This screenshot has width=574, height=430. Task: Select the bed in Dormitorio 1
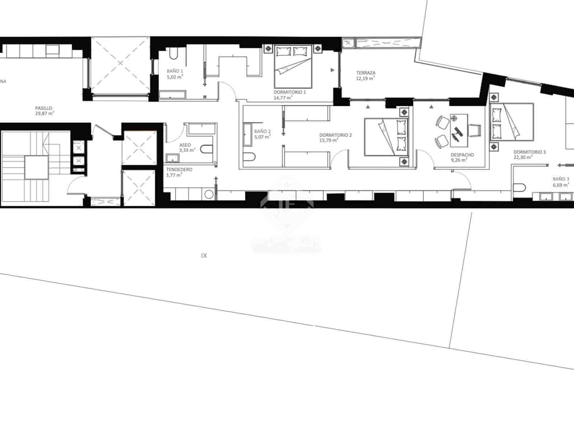[x=293, y=67]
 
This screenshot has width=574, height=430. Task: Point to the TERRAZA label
[x=366, y=73]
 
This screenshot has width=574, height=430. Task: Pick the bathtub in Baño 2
[x=248, y=135]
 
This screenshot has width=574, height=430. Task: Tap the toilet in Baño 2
[x=249, y=157]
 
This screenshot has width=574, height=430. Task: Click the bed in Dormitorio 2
[x=386, y=137]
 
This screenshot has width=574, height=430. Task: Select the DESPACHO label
[x=462, y=155]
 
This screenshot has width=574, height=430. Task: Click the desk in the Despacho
[x=459, y=130]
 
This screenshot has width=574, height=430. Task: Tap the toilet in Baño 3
[x=519, y=188]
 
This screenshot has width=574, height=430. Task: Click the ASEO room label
[x=185, y=145]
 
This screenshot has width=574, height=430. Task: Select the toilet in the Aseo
[x=206, y=149]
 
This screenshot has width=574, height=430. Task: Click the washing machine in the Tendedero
[x=208, y=195]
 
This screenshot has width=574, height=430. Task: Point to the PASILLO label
[x=44, y=108]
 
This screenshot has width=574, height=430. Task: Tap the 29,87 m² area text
[x=44, y=113]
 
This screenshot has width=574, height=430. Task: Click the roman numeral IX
[x=204, y=256]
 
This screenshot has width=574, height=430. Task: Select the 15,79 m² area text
[x=328, y=140]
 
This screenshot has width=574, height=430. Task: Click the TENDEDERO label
[x=179, y=169]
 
